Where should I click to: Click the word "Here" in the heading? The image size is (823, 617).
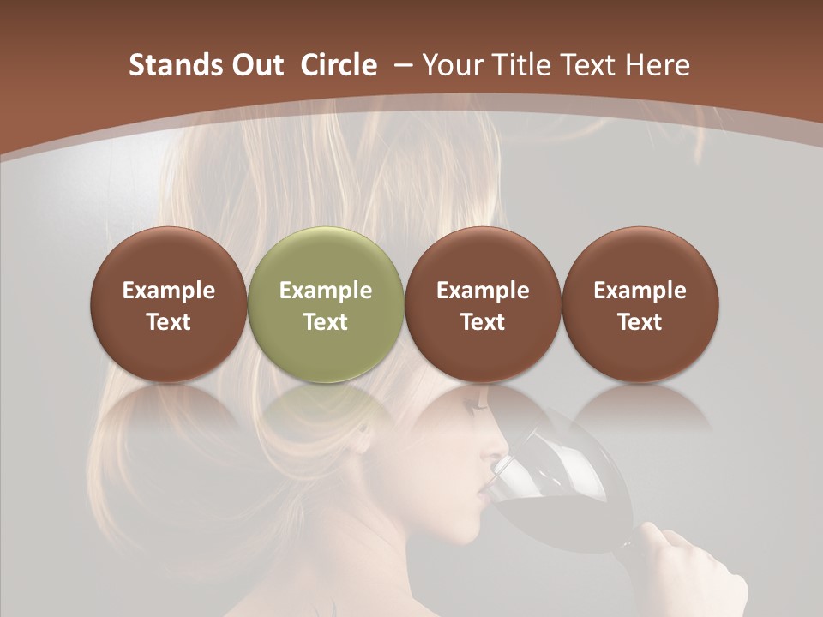coord(658,65)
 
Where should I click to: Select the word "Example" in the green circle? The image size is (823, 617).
coord(325,291)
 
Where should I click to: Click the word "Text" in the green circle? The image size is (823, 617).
coord(325,322)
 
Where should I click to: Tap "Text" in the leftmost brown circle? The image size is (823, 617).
coord(168,322)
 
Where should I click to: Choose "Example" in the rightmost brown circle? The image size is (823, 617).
coord(640,291)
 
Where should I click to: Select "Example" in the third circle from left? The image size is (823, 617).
coord(483,291)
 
